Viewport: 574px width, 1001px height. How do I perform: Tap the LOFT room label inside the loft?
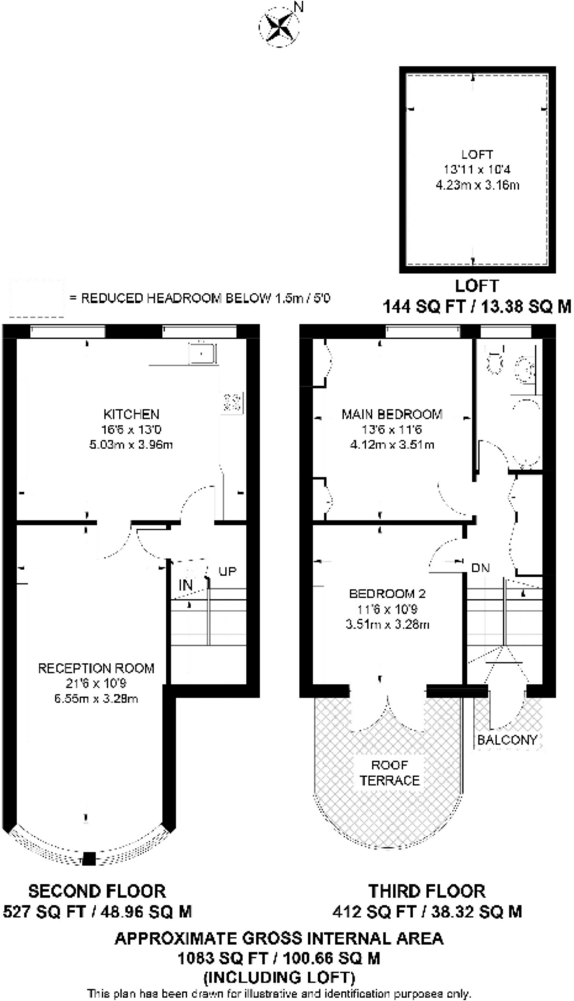pyautogui.click(x=477, y=154)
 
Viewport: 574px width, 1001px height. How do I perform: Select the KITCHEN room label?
pyautogui.click(x=131, y=414)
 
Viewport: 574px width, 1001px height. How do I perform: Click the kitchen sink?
pyautogui.click(x=203, y=353)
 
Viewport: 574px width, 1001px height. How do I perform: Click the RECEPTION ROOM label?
pyautogui.click(x=96, y=668)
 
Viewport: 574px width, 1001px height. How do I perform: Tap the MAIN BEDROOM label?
pyautogui.click(x=392, y=414)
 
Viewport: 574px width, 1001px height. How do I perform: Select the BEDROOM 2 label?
pyautogui.click(x=387, y=593)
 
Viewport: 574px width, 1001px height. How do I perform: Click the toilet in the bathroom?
pyautogui.click(x=495, y=361)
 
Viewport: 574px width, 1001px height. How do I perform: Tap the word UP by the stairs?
pyautogui.click(x=227, y=571)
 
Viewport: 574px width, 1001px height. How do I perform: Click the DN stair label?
pyautogui.click(x=481, y=568)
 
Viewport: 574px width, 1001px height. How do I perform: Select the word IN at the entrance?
pyautogui.click(x=186, y=585)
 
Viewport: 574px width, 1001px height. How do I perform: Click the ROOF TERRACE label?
pyautogui.click(x=390, y=773)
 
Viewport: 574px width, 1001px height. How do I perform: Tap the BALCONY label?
pyautogui.click(x=507, y=740)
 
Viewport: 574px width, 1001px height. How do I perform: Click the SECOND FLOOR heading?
pyautogui.click(x=97, y=891)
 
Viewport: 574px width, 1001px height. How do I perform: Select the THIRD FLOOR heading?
pyautogui.click(x=427, y=891)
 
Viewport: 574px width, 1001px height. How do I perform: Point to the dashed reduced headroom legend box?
pyautogui.click(x=37, y=298)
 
